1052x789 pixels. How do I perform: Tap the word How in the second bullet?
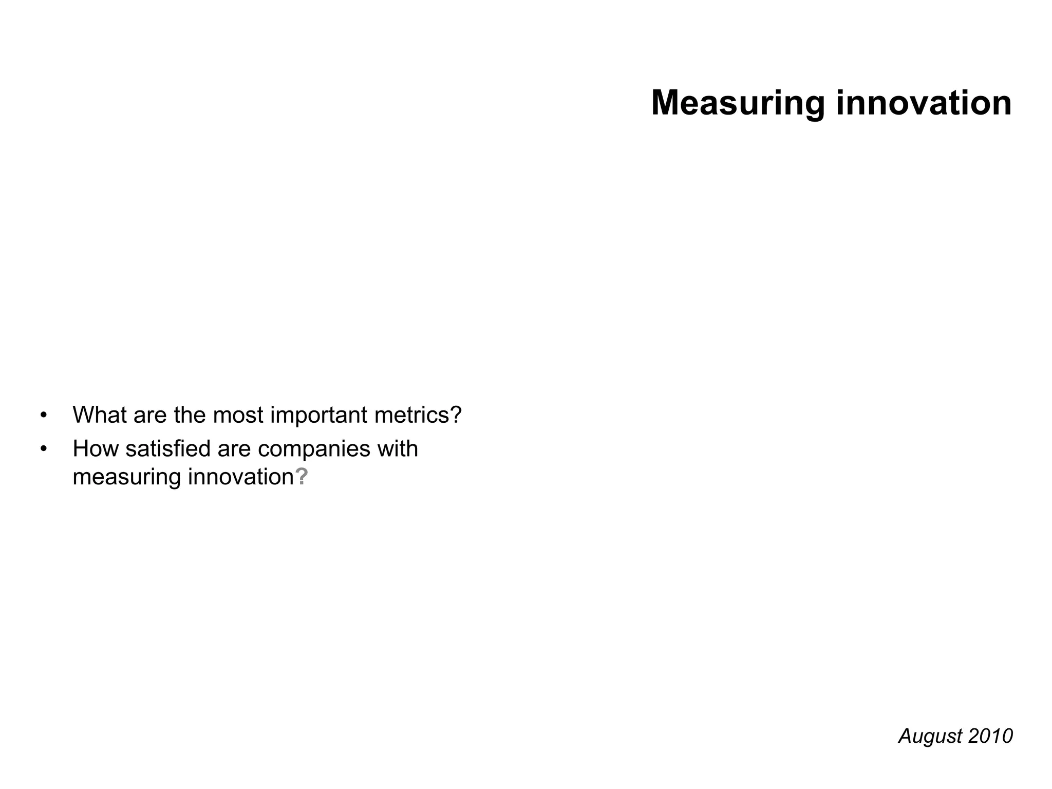pyautogui.click(x=96, y=449)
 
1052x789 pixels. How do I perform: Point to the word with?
pyautogui.click(x=398, y=449)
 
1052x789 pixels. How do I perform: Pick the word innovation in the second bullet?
pyautogui.click(x=241, y=477)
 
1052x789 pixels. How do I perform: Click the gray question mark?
pyautogui.click(x=302, y=477)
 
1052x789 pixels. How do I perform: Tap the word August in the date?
pyautogui.click(x=930, y=737)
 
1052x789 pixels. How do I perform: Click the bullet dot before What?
pyautogui.click(x=44, y=415)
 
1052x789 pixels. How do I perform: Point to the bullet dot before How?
pyautogui.click(x=44, y=449)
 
